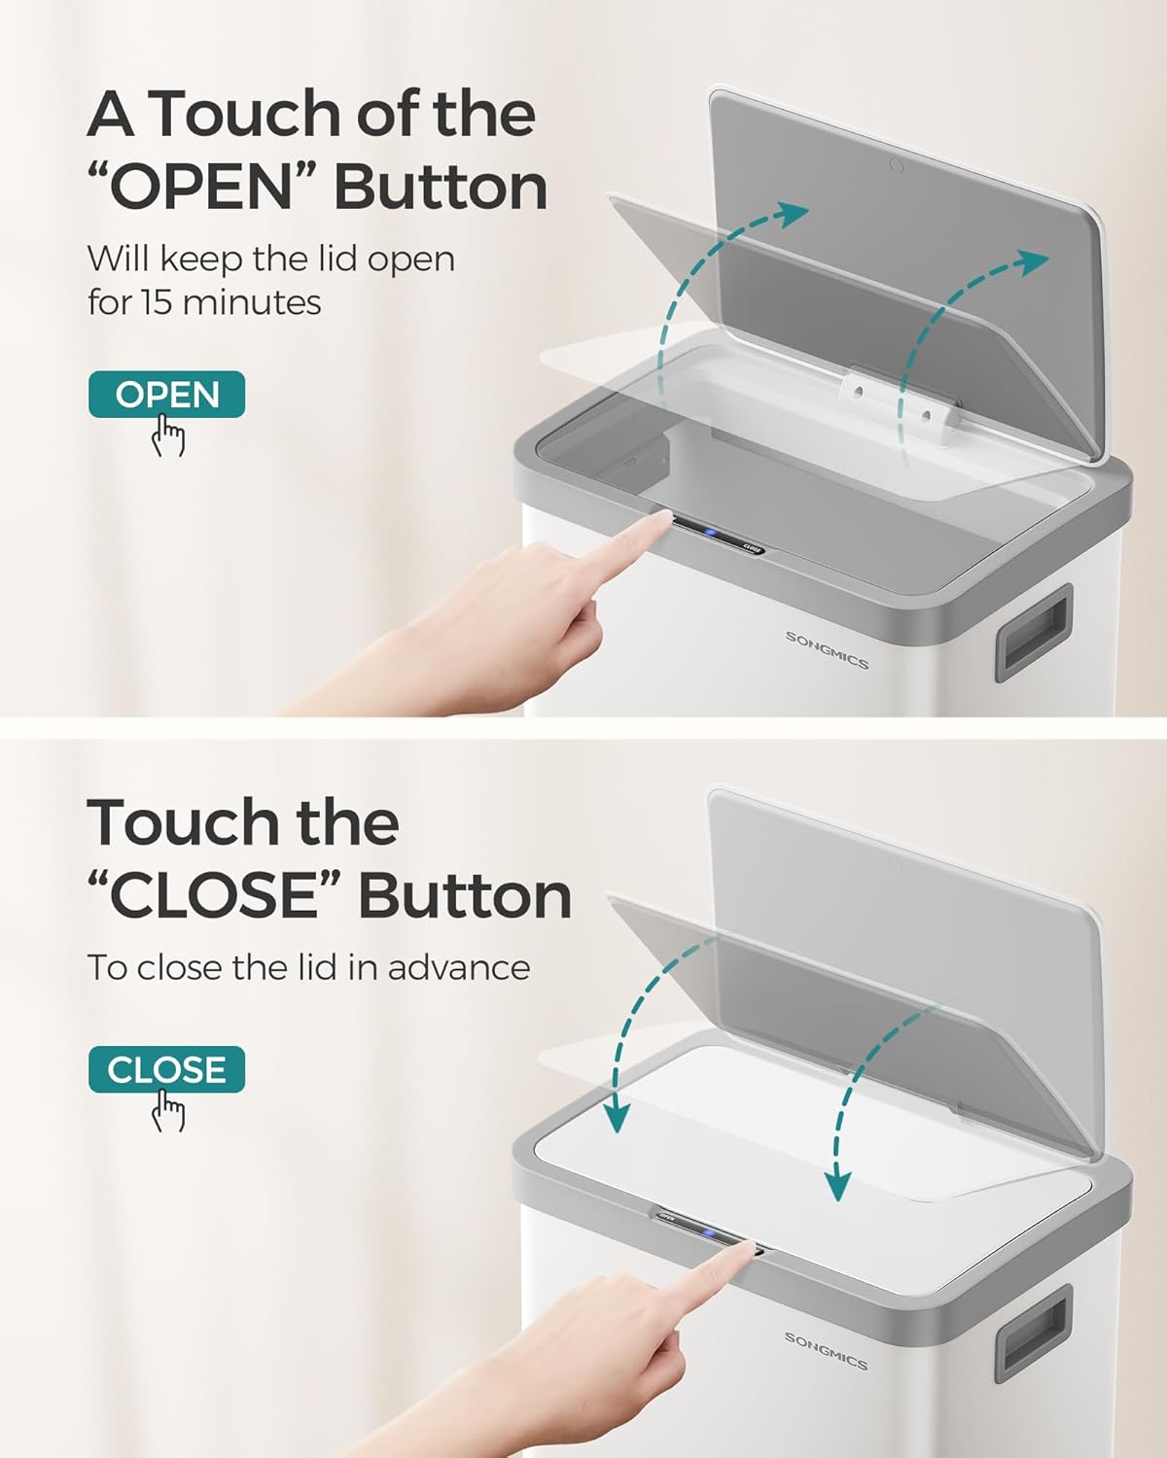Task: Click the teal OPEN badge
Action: (167, 395)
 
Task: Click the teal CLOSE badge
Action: (167, 1069)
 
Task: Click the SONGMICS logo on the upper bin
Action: (827, 649)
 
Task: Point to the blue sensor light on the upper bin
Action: (710, 532)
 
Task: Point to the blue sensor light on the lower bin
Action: (709, 1232)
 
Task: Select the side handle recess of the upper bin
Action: (1033, 632)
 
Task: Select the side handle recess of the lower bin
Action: (1033, 1333)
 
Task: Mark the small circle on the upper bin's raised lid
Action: (897, 164)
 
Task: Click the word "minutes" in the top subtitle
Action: (252, 302)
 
